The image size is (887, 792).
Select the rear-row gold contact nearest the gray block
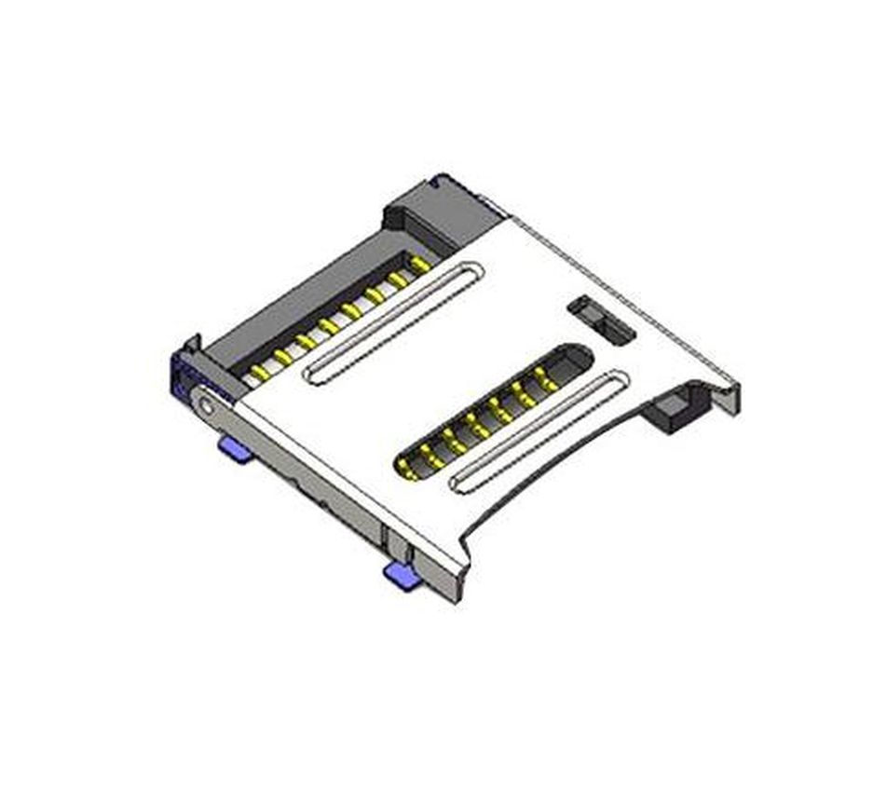420,265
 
